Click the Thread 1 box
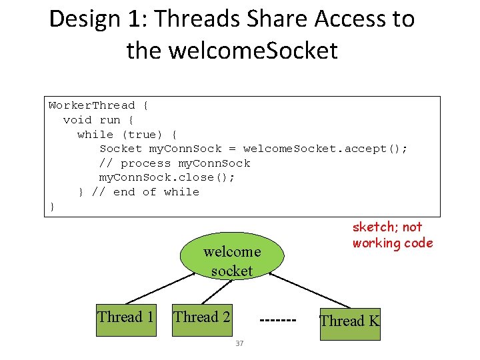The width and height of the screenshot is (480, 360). [126, 317]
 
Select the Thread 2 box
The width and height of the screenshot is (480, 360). [202, 317]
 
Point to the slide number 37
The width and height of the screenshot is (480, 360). [239, 344]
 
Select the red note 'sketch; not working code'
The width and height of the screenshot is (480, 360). [392, 235]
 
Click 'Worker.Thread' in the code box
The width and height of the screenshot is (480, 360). [92, 105]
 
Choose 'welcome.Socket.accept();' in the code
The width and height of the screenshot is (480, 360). [325, 149]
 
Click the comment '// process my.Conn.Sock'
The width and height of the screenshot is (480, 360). [175, 163]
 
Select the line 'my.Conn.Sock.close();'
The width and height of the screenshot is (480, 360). [167, 177]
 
